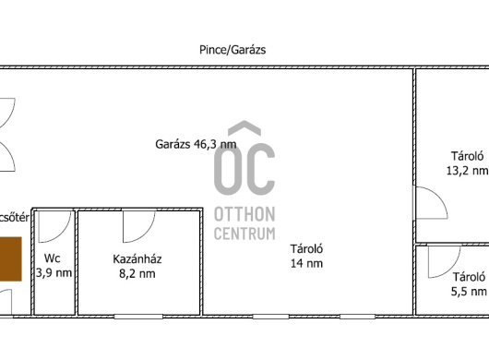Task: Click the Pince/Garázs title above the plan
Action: tap(233, 50)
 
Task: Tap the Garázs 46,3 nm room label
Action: tap(196, 144)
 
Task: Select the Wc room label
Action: tap(53, 258)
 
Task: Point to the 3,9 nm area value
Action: tap(54, 273)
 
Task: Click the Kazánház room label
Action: tap(137, 259)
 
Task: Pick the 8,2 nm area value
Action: tap(137, 273)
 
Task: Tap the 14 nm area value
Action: tap(306, 264)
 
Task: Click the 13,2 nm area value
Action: tap(467, 171)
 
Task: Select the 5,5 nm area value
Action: tap(469, 292)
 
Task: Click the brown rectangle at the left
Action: tap(10, 259)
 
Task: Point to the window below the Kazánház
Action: tap(138, 317)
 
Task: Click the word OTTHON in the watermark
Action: tap(244, 215)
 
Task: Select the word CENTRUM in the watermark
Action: tap(244, 234)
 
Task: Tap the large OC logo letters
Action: tap(244, 159)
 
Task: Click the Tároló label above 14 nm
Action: tap(306, 249)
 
